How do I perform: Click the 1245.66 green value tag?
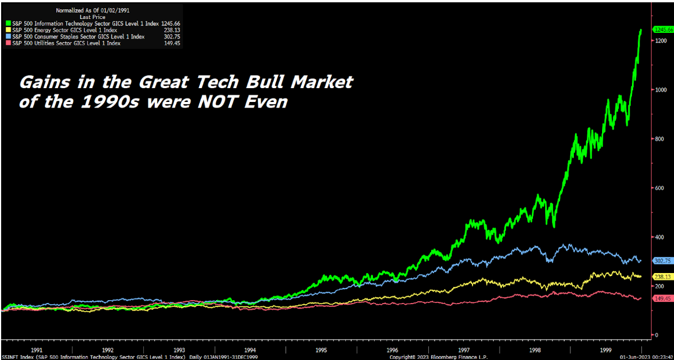(662, 29)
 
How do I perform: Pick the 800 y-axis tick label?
(658, 139)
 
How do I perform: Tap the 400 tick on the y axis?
(658, 237)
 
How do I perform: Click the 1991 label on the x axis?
(37, 350)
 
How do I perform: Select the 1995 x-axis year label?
(321, 350)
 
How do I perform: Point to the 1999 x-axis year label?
(606, 350)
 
